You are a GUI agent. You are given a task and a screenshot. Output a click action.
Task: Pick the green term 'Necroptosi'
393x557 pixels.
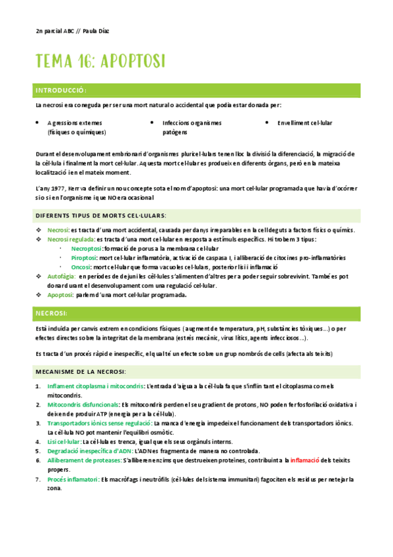(x=86, y=249)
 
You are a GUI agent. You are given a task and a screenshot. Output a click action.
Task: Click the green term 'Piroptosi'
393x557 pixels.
(x=83, y=258)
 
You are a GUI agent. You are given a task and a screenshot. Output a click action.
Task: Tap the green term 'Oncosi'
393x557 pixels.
(x=81, y=267)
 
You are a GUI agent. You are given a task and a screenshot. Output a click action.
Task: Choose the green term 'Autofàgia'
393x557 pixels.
(x=61, y=277)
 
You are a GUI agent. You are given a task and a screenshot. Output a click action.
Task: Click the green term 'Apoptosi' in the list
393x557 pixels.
(x=60, y=295)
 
